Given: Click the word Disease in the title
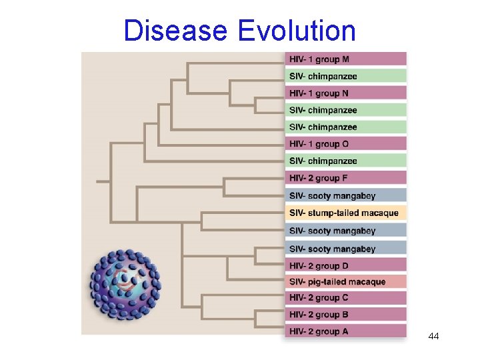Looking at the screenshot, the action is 175,31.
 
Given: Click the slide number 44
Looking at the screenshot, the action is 433,336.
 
